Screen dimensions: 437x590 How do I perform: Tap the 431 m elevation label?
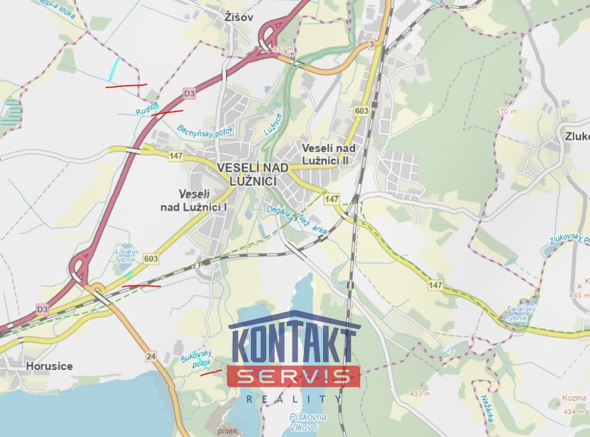[x=282, y=49]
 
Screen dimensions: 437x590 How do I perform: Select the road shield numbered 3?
[x=372, y=44]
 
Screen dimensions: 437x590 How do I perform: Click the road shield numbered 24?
[x=151, y=357]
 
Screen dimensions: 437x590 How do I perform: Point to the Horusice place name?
[x=49, y=366]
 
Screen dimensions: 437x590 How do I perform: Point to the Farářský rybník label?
[x=520, y=314]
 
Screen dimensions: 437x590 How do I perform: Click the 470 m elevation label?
[x=506, y=111]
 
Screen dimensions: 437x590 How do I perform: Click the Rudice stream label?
[x=146, y=109]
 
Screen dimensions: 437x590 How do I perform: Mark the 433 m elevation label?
[x=420, y=394]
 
